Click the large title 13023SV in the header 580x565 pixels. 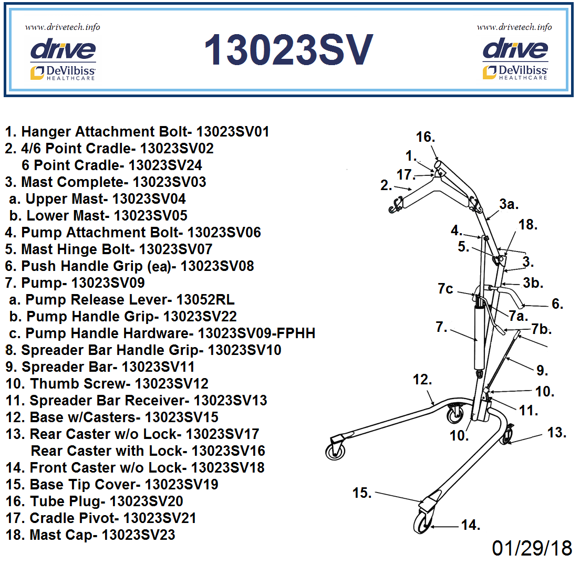pos(288,50)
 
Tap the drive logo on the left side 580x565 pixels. pos(63,50)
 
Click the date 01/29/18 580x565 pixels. pos(532,548)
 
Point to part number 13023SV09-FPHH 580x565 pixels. pos(256,333)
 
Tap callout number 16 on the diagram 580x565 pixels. pos(426,138)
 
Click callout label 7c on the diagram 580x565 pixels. pos(446,289)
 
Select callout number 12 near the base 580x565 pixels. pos(422,380)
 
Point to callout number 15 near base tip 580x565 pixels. pos(362,493)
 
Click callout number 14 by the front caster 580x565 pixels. pos(471,525)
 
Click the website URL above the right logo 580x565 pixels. pos(514,27)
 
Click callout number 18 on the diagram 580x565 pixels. pos(528,225)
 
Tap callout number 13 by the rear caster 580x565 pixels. pos(556,433)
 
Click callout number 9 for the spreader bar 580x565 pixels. pos(542,371)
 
